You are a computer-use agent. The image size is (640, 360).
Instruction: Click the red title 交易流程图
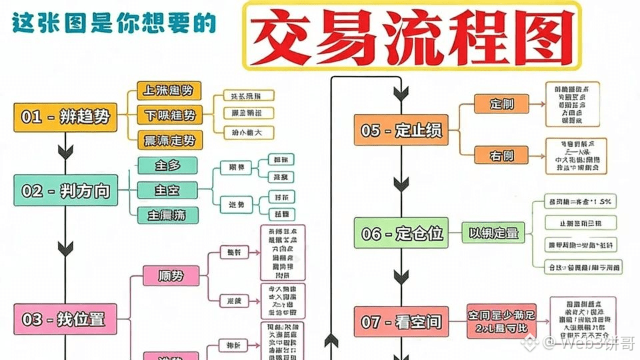point(411,35)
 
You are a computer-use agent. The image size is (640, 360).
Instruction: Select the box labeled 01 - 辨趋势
point(65,117)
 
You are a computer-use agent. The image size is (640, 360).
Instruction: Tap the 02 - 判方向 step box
point(65,191)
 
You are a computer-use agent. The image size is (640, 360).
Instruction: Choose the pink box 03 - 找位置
point(65,319)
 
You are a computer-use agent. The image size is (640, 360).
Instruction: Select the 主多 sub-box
point(167,165)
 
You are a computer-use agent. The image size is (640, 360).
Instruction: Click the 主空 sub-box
point(167,190)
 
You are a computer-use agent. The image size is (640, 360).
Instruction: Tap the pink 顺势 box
point(171,275)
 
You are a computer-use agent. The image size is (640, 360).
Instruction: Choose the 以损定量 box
point(493,233)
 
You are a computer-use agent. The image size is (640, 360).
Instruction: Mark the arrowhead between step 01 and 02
point(65,151)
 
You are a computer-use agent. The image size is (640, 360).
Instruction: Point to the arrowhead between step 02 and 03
point(65,248)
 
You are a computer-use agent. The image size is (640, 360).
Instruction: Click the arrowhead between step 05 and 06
point(401,183)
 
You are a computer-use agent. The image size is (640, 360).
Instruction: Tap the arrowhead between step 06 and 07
point(401,277)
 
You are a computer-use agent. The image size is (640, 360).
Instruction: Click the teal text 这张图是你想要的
point(114,24)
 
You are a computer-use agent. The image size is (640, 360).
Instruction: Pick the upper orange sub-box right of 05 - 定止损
point(501,104)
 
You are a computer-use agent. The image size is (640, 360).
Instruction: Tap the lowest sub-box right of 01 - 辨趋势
point(170,140)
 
